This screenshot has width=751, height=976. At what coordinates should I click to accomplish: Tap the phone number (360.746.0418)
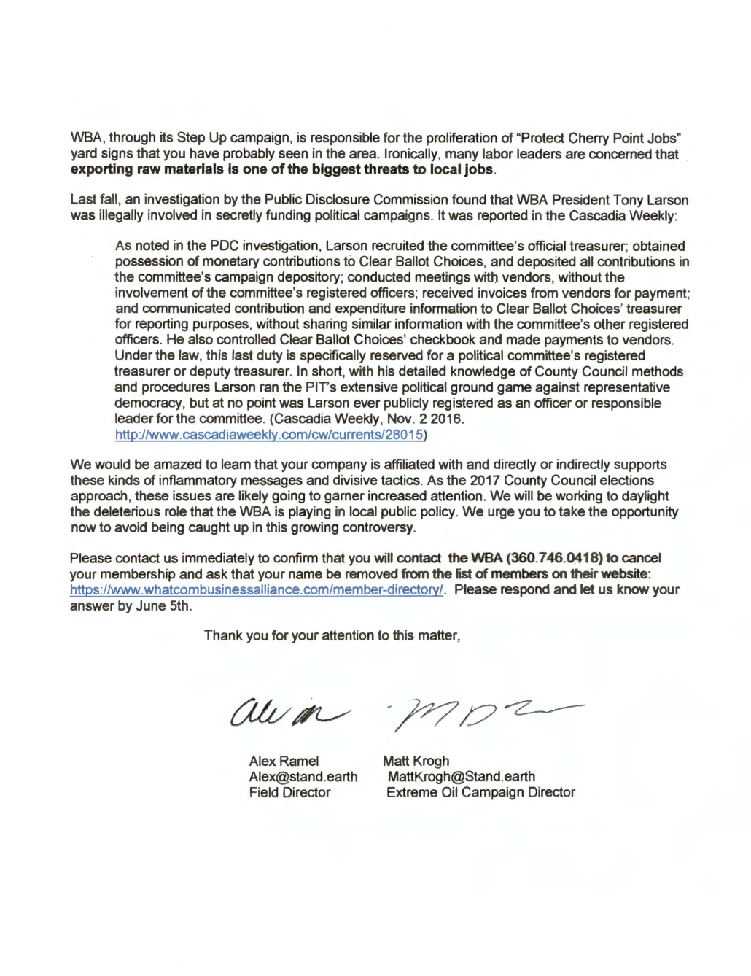pos(542,558)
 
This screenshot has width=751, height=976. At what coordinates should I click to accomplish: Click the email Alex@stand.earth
pos(303,776)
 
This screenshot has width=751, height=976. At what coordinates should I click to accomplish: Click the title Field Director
pos(289,792)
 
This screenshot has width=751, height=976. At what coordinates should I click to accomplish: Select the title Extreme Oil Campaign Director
pos(480,792)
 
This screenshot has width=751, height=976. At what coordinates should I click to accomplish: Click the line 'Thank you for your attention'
pos(332,635)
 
